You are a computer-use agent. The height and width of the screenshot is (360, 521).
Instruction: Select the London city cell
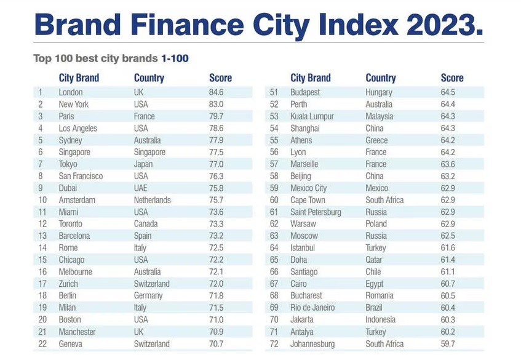click(x=71, y=92)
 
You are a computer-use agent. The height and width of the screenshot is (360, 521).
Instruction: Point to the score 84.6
click(x=216, y=92)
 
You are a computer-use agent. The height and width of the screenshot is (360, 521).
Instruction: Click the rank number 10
click(x=42, y=200)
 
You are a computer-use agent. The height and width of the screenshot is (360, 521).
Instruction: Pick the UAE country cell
click(x=141, y=188)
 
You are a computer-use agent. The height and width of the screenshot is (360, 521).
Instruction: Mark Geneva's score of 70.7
click(x=216, y=344)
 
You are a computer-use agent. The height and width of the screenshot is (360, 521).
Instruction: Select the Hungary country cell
click(x=379, y=92)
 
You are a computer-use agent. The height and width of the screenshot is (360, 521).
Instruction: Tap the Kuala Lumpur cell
click(x=312, y=116)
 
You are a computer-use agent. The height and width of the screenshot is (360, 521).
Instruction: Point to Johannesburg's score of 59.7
click(x=448, y=344)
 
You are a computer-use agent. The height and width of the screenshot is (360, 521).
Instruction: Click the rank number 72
click(x=274, y=344)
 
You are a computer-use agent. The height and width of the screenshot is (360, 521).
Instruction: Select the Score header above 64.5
click(x=452, y=78)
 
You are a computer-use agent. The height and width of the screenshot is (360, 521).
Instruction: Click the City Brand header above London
click(x=79, y=78)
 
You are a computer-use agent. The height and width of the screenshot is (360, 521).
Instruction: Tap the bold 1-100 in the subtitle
click(x=175, y=59)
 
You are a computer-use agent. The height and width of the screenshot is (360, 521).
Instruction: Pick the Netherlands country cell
click(x=153, y=200)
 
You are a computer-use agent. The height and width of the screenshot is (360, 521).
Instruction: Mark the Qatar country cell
click(x=373, y=260)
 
